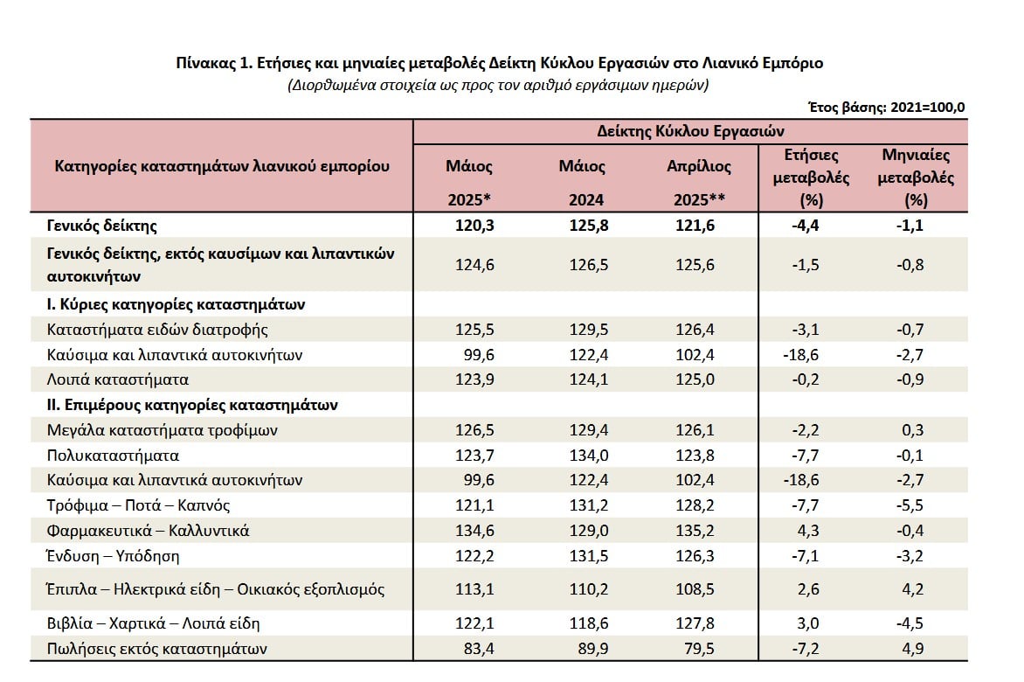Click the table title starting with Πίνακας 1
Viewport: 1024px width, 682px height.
pos(500,63)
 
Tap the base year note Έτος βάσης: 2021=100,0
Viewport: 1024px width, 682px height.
pos(886,108)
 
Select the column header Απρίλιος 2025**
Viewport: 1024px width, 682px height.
pos(699,183)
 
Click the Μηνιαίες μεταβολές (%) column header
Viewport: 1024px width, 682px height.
pos(916,177)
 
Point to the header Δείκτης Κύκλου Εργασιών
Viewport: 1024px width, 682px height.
pos(690,131)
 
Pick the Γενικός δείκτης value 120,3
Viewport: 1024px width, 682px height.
pos(474,226)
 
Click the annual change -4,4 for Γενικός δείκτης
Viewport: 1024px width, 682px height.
pos(806,226)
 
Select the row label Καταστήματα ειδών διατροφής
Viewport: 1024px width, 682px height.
pos(157,330)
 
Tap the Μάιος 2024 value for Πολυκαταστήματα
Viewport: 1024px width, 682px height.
pos(588,456)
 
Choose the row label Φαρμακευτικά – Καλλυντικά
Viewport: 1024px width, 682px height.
pos(149,531)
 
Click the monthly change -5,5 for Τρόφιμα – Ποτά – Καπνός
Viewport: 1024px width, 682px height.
pos(910,505)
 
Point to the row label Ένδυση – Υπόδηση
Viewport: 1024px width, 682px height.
pos(113,556)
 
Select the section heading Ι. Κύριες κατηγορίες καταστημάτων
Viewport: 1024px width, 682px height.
pos(176,304)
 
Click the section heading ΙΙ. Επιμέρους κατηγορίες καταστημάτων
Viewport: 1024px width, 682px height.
pos(192,405)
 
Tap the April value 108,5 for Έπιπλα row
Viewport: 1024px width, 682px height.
pos(695,589)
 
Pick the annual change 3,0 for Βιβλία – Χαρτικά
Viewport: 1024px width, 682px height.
pos(808,623)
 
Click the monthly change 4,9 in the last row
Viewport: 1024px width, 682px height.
pos(912,649)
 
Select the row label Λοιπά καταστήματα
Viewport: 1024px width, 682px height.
pos(118,379)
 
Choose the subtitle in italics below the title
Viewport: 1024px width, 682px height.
pos(498,85)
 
